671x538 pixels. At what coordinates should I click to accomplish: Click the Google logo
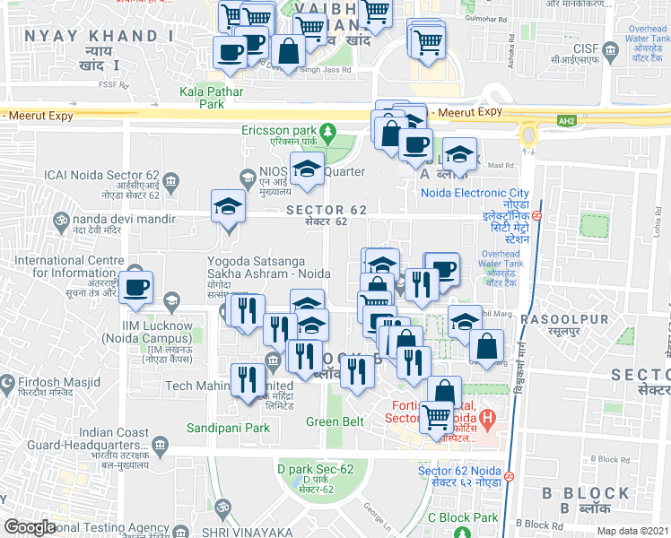(x=30, y=527)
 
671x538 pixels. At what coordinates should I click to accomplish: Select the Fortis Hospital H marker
(x=487, y=417)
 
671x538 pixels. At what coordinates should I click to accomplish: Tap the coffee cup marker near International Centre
(x=136, y=286)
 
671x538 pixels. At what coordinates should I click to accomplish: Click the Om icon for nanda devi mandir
(x=62, y=218)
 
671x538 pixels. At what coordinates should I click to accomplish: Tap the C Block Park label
(x=462, y=517)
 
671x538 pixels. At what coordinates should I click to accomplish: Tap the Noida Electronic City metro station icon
(x=536, y=216)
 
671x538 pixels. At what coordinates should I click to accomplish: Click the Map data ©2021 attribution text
(x=632, y=531)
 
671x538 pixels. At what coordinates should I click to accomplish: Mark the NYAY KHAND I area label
(x=100, y=36)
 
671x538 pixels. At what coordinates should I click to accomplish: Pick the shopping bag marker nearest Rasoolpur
(x=486, y=346)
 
